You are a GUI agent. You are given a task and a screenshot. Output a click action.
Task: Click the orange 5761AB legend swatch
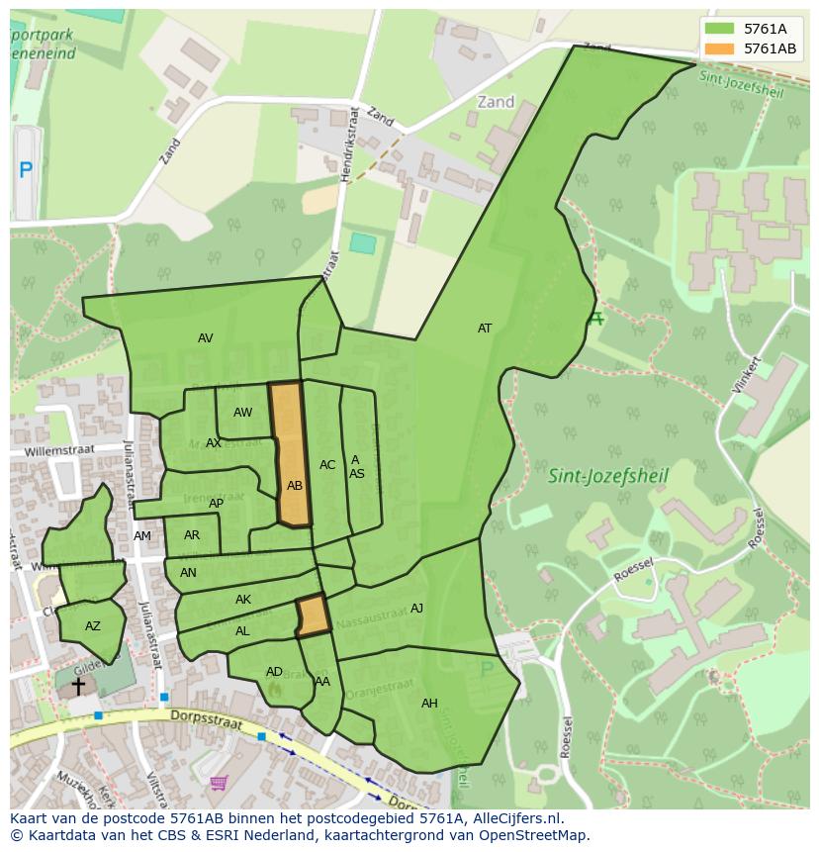coord(720,48)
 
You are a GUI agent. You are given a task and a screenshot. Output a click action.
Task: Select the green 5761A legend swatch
coord(720,29)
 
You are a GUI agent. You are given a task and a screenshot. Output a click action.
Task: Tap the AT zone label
coord(485,329)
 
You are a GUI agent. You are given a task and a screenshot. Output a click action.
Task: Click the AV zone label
coord(205,338)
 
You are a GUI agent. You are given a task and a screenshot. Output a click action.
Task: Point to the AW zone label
coord(242,413)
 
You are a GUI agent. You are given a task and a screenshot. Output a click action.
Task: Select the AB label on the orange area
coord(295,486)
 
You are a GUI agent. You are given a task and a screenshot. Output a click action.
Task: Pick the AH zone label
coord(429,704)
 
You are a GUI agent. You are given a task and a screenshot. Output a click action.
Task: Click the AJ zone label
coord(416,609)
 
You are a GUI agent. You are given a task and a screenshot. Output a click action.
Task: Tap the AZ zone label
coord(92,626)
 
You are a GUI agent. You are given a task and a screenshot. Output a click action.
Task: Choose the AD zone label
coord(274,672)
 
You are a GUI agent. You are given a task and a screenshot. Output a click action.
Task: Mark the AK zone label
coord(243,600)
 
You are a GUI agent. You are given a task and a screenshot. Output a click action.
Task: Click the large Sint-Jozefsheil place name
coord(608,476)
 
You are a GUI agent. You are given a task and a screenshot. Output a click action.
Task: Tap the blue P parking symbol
coord(26,169)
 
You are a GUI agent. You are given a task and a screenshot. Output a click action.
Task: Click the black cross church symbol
coord(78,685)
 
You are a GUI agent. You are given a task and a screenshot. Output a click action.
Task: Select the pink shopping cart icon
coord(218,783)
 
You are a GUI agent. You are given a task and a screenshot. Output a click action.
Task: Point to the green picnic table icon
coord(594,319)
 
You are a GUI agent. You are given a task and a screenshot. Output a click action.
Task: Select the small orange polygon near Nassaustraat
coord(314,615)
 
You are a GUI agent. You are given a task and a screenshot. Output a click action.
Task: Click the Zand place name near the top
coord(496,102)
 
